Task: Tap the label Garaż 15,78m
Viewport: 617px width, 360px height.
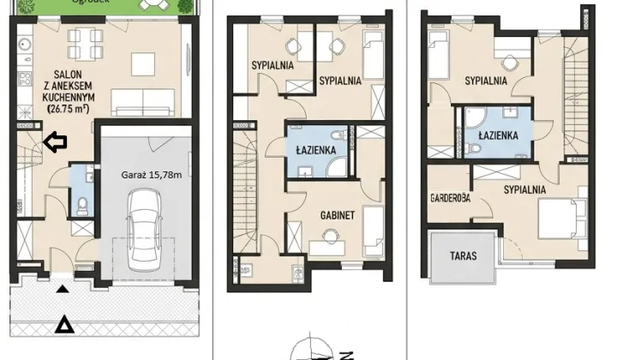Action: tap(152, 175)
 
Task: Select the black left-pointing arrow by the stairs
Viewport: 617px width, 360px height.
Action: tap(55, 142)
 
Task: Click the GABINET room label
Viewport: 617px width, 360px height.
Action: tap(338, 215)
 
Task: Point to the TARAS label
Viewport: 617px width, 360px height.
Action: tap(463, 255)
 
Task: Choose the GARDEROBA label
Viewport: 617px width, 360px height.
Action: tap(450, 197)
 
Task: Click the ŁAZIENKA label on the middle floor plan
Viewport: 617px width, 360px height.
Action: tap(316, 150)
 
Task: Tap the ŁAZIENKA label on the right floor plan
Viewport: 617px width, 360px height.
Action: tap(498, 135)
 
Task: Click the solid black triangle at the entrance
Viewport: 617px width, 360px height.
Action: tap(63, 289)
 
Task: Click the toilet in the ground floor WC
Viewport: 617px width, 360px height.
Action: tap(82, 206)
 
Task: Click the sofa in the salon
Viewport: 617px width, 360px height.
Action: tap(143, 103)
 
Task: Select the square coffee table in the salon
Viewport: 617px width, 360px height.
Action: tap(143, 64)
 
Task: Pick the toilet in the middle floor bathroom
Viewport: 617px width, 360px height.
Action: tap(338, 135)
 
